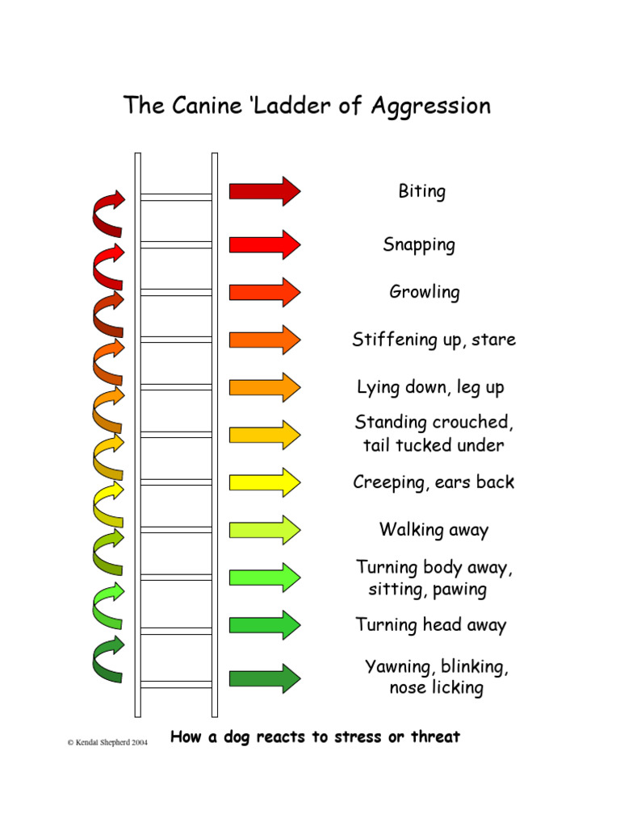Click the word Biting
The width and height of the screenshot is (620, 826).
(x=421, y=192)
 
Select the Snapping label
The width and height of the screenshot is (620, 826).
(x=419, y=245)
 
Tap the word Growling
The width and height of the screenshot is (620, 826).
(x=425, y=292)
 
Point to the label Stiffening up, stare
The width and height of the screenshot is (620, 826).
(x=434, y=340)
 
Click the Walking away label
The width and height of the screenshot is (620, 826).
(x=434, y=530)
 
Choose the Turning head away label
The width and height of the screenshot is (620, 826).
(x=431, y=625)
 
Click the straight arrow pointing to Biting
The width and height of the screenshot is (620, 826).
(x=264, y=191)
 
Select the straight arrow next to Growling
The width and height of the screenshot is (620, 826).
(x=264, y=292)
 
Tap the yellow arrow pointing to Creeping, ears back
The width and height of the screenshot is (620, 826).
(x=264, y=482)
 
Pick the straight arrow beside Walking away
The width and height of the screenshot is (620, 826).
(x=264, y=530)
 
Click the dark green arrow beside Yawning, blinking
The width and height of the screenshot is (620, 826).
(x=264, y=678)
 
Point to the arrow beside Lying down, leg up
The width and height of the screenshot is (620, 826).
(x=264, y=387)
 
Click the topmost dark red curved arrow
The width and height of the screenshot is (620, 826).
(x=108, y=214)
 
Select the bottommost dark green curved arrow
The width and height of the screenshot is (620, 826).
(x=108, y=659)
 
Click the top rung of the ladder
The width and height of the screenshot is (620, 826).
(x=176, y=197)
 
